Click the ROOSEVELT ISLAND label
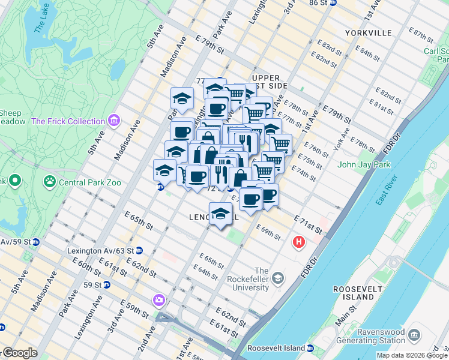360,293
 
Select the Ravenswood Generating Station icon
414,334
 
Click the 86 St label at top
318,3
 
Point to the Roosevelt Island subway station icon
310,348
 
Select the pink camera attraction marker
158,299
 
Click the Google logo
20,353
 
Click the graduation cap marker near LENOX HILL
221,214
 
